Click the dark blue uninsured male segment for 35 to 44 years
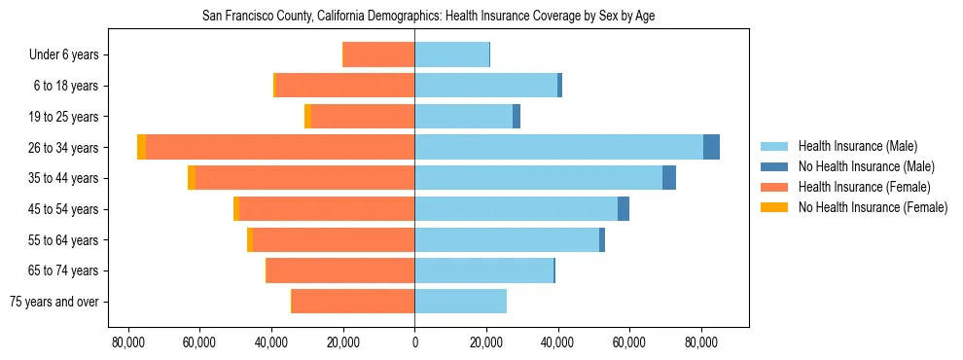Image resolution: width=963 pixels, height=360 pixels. pyautogui.click(x=669, y=178)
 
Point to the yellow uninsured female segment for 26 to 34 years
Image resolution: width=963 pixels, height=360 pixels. pyautogui.click(x=142, y=147)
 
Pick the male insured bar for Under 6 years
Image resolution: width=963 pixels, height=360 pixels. pyautogui.click(x=451, y=54)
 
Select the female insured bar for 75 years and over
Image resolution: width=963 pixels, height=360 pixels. pyautogui.click(x=353, y=302)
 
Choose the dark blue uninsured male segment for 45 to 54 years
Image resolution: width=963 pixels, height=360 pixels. pyautogui.click(x=624, y=209)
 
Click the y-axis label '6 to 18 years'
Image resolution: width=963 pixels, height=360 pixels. pyautogui.click(x=66, y=86)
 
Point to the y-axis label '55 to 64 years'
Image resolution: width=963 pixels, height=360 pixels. pyautogui.click(x=63, y=240)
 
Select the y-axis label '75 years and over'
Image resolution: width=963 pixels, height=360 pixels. pyautogui.click(x=53, y=302)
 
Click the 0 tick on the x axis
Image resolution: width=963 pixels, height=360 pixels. pyautogui.click(x=415, y=342)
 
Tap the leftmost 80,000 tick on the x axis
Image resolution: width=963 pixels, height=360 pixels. pyautogui.click(x=128, y=342)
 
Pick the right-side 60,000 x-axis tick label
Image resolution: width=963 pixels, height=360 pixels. pyautogui.click(x=629, y=342)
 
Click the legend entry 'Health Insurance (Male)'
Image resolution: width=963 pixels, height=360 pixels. pyautogui.click(x=857, y=146)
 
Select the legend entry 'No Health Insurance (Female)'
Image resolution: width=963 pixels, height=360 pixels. pyautogui.click(x=873, y=207)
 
